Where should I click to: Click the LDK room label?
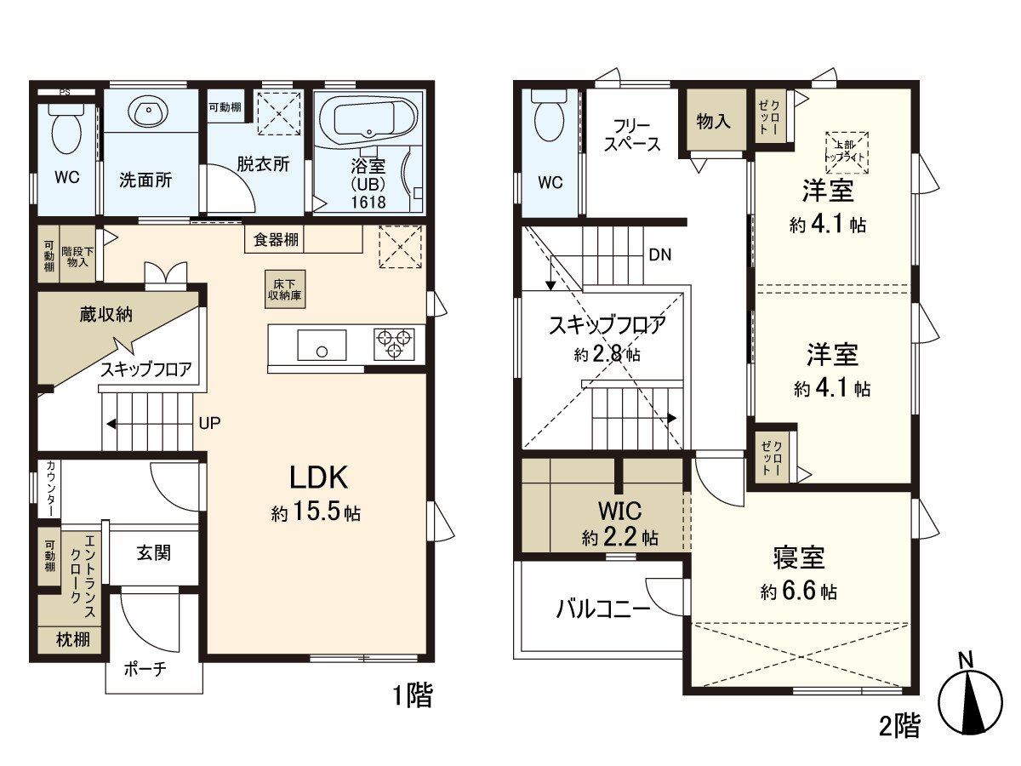pos(318,477)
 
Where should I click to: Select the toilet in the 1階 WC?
pos(66,129)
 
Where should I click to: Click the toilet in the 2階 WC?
pos(550,116)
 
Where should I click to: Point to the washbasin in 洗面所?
pos(148,111)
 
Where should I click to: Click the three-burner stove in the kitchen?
pos(394,345)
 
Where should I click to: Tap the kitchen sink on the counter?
pos(322,345)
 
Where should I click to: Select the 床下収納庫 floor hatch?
pos(285,289)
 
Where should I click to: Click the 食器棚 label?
pos(276,240)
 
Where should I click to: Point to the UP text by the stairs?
pos(209,423)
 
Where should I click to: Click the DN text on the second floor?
pos(660,254)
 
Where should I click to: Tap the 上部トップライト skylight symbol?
pos(847,153)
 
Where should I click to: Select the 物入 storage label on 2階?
pos(714,122)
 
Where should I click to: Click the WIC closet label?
pos(619,511)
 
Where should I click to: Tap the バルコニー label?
pos(603,609)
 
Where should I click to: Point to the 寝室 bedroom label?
pos(799,557)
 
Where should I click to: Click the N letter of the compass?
pos(967,660)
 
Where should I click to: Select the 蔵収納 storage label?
pos(106,315)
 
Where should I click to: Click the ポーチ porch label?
pos(145,669)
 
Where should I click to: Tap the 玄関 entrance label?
pos(154,553)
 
